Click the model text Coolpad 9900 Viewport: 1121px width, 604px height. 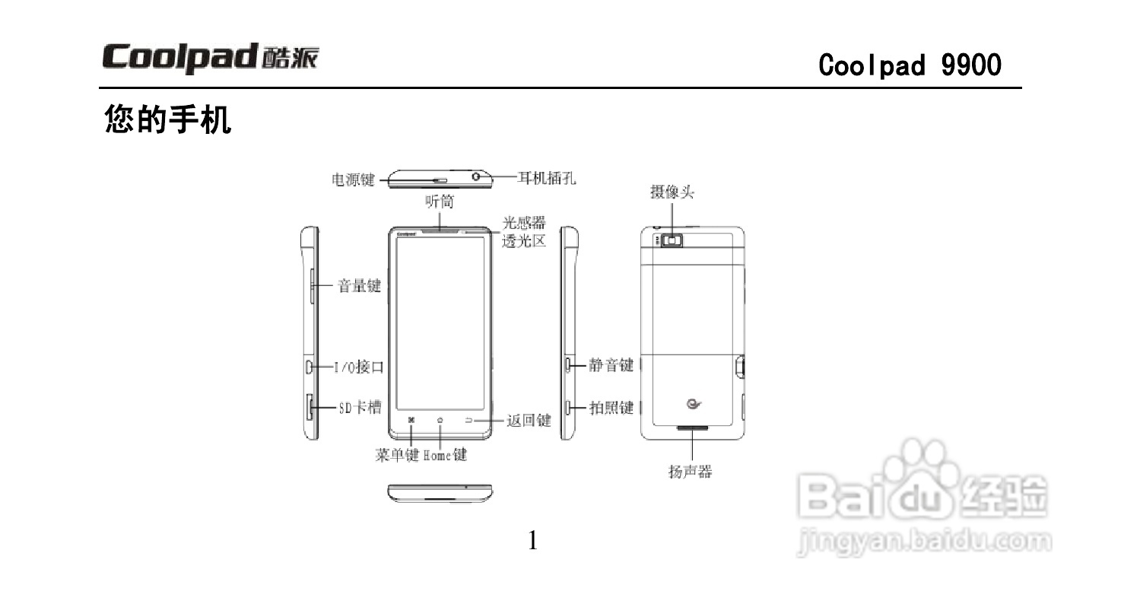[x=910, y=66]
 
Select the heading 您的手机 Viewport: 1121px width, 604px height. [x=168, y=121]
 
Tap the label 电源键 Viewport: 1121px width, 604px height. [x=353, y=180]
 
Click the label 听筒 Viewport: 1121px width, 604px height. [x=440, y=202]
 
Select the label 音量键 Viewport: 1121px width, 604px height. [x=359, y=287]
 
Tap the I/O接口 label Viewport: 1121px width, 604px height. [x=359, y=367]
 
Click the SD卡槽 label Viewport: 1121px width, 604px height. [x=359, y=408]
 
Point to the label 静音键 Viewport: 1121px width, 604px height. [x=611, y=365]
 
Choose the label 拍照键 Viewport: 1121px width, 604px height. [x=611, y=408]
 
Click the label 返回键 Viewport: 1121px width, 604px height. [x=529, y=420]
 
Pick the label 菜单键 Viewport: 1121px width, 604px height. [x=397, y=455]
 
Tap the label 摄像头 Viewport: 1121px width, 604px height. [x=672, y=192]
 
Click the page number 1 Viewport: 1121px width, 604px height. [x=532, y=542]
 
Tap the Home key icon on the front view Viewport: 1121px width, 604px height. [x=440, y=420]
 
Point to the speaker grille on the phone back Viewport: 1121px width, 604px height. [x=691, y=429]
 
